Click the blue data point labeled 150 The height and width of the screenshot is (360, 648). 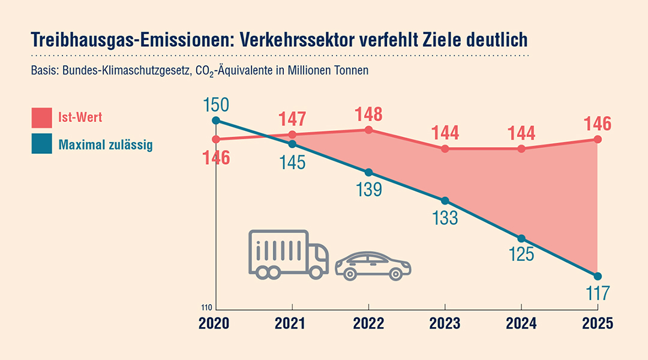(x=216, y=121)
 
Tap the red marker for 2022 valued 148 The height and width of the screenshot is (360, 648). (x=368, y=130)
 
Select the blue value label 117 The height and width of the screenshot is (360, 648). (x=598, y=293)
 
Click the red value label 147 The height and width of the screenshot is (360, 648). (x=292, y=119)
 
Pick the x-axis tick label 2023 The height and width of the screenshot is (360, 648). (x=445, y=325)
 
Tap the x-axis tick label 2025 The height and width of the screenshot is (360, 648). (x=598, y=325)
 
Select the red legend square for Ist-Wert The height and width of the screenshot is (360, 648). (x=42, y=118)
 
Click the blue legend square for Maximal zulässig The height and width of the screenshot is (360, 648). (x=42, y=145)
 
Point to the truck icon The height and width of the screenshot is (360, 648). (x=288, y=254)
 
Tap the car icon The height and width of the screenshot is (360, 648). (x=373, y=266)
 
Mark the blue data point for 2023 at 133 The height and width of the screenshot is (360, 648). (x=445, y=200)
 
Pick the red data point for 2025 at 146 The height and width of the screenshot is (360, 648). (x=598, y=139)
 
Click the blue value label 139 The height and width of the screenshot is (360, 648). (x=368, y=189)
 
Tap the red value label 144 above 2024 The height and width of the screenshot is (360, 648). (x=521, y=133)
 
